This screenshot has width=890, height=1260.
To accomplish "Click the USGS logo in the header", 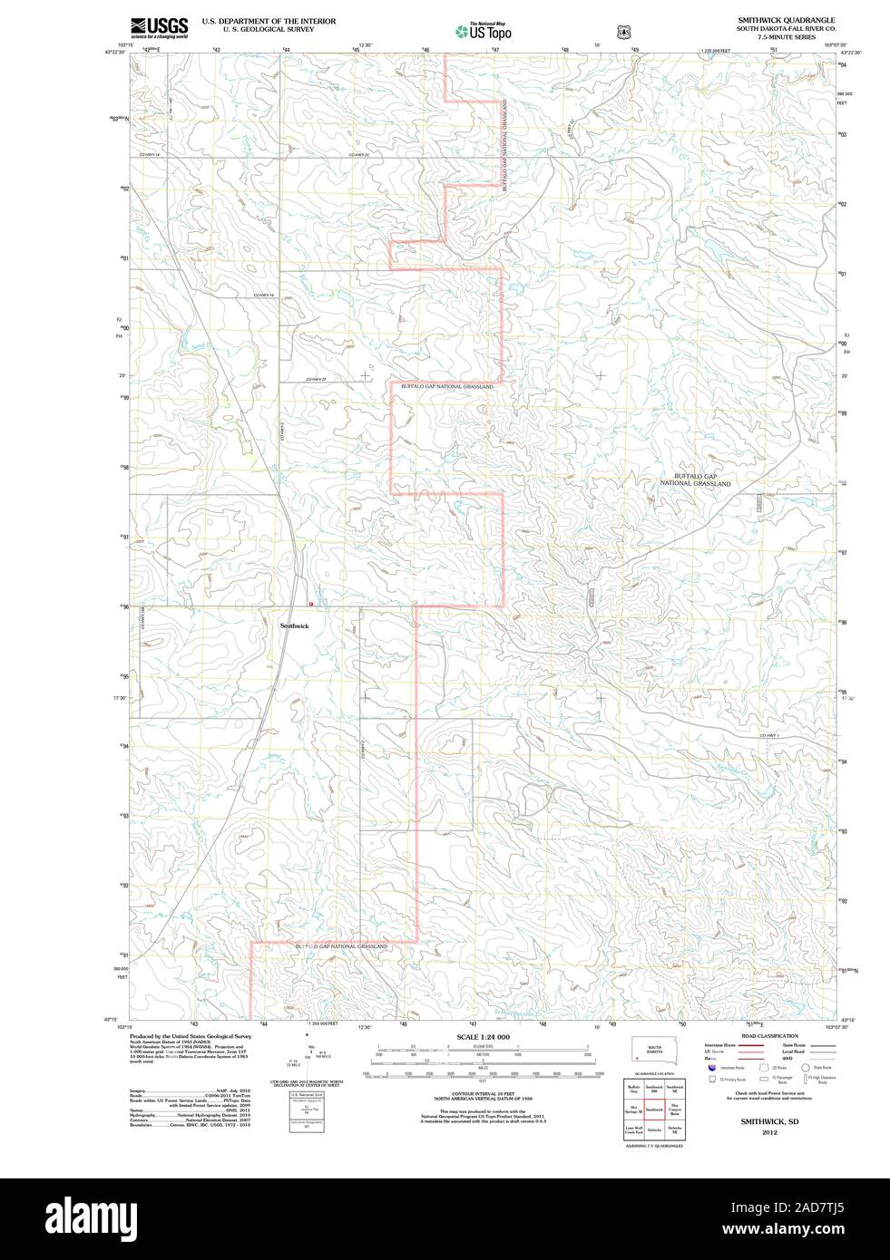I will click(159, 27).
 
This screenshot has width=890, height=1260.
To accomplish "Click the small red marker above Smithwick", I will click(310, 604).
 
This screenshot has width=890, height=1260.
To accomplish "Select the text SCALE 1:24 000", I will click(483, 1036).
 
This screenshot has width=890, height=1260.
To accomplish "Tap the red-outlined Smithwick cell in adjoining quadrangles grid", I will click(653, 1110).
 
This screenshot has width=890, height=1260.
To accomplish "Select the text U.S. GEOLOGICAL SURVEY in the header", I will click(269, 29).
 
